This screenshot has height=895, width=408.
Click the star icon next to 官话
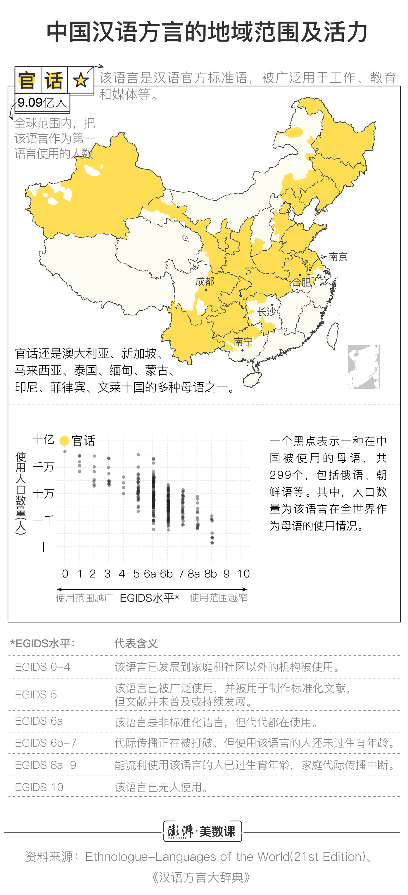coord(81,80)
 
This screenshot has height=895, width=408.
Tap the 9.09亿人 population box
coord(42,103)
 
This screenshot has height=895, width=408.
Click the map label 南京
coord(338,257)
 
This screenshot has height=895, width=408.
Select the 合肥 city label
coord(301,282)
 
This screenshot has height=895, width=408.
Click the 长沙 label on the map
coord(267,311)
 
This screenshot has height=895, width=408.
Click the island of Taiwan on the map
coord(333,335)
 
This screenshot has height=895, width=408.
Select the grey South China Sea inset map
coord(363,367)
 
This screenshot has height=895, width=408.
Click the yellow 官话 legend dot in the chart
coord(64,440)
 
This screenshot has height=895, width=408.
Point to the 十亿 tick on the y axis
coord(44,439)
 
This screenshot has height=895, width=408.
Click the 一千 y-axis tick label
coord(44,520)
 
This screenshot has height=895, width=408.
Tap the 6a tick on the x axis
coord(150,574)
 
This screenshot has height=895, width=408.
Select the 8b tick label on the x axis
coord(210,574)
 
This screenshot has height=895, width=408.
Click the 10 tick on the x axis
coord(243,574)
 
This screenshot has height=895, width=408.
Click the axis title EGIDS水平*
coord(149,598)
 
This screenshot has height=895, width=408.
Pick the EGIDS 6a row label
coord(39,721)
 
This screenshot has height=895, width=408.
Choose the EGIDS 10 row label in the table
coord(39,787)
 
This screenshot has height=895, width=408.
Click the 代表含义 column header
coord(136,644)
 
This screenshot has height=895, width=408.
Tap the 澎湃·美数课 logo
coord(202,831)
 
